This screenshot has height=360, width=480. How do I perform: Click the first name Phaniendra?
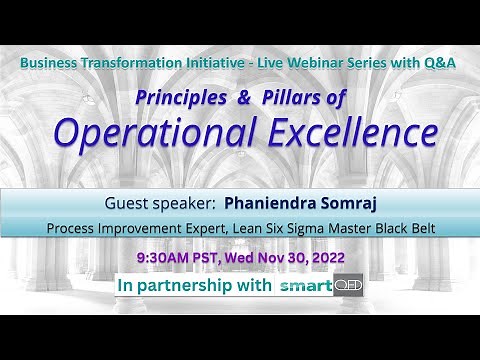click(x=264, y=200)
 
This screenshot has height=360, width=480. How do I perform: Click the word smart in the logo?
click(x=305, y=287)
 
